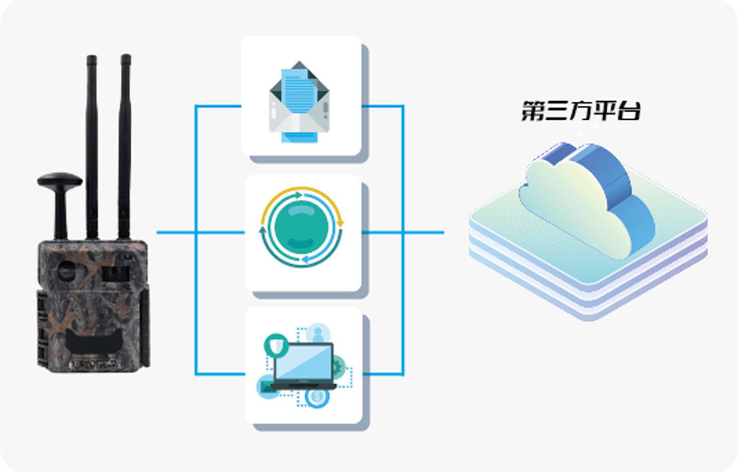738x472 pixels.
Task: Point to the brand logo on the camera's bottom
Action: pyautogui.click(x=95, y=364)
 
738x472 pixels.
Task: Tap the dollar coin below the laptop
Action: pyautogui.click(x=317, y=397)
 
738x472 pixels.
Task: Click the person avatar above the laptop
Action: pyautogui.click(x=318, y=333)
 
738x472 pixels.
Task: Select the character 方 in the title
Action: pyautogui.click(x=581, y=111)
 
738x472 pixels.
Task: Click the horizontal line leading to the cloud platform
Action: pyautogui.click(x=424, y=232)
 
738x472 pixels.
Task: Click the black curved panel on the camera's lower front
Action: pyautogui.click(x=93, y=343)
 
